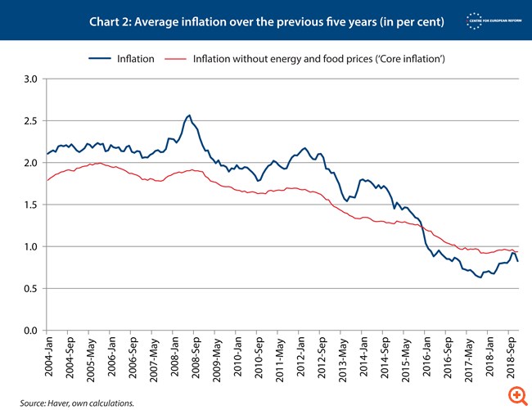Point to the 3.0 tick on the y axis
click(x=31, y=79)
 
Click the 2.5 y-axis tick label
click(x=31, y=121)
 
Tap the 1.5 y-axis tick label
click(x=31, y=205)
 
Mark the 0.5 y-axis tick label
click(x=31, y=288)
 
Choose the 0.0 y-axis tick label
click(x=31, y=331)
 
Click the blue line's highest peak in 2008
click(x=189, y=115)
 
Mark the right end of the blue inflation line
click(x=518, y=261)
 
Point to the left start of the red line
click(x=47, y=180)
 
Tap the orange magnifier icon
click(x=516, y=395)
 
